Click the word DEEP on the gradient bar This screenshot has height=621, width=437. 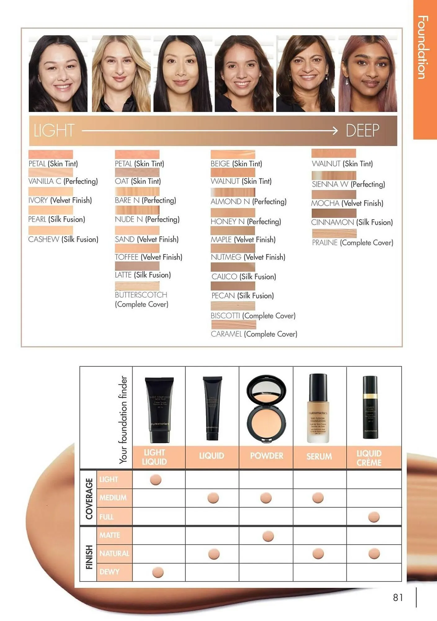coord(362,130)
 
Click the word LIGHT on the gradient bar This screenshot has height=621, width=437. coord(54,130)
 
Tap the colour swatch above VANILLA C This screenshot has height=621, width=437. coord(51,172)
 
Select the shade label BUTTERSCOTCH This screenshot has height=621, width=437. coord(141,295)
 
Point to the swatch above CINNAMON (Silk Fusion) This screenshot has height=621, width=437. coord(334,213)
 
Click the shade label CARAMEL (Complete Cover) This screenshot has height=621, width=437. coord(254,334)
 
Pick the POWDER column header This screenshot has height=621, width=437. coord(266,456)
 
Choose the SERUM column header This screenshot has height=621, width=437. coord(319,456)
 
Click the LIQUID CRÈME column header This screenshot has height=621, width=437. coord(369,458)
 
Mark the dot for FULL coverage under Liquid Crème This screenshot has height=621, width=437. coord(374,517)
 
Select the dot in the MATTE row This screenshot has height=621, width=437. coord(268,536)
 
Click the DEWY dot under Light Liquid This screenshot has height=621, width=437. coord(158,572)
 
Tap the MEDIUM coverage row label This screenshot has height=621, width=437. coord(113,498)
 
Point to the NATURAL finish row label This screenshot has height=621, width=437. coord(114,553)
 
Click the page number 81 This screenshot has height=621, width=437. coord(398,597)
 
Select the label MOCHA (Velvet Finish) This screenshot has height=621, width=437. coord(347,203)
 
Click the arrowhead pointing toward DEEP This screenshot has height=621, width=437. coord(335,130)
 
